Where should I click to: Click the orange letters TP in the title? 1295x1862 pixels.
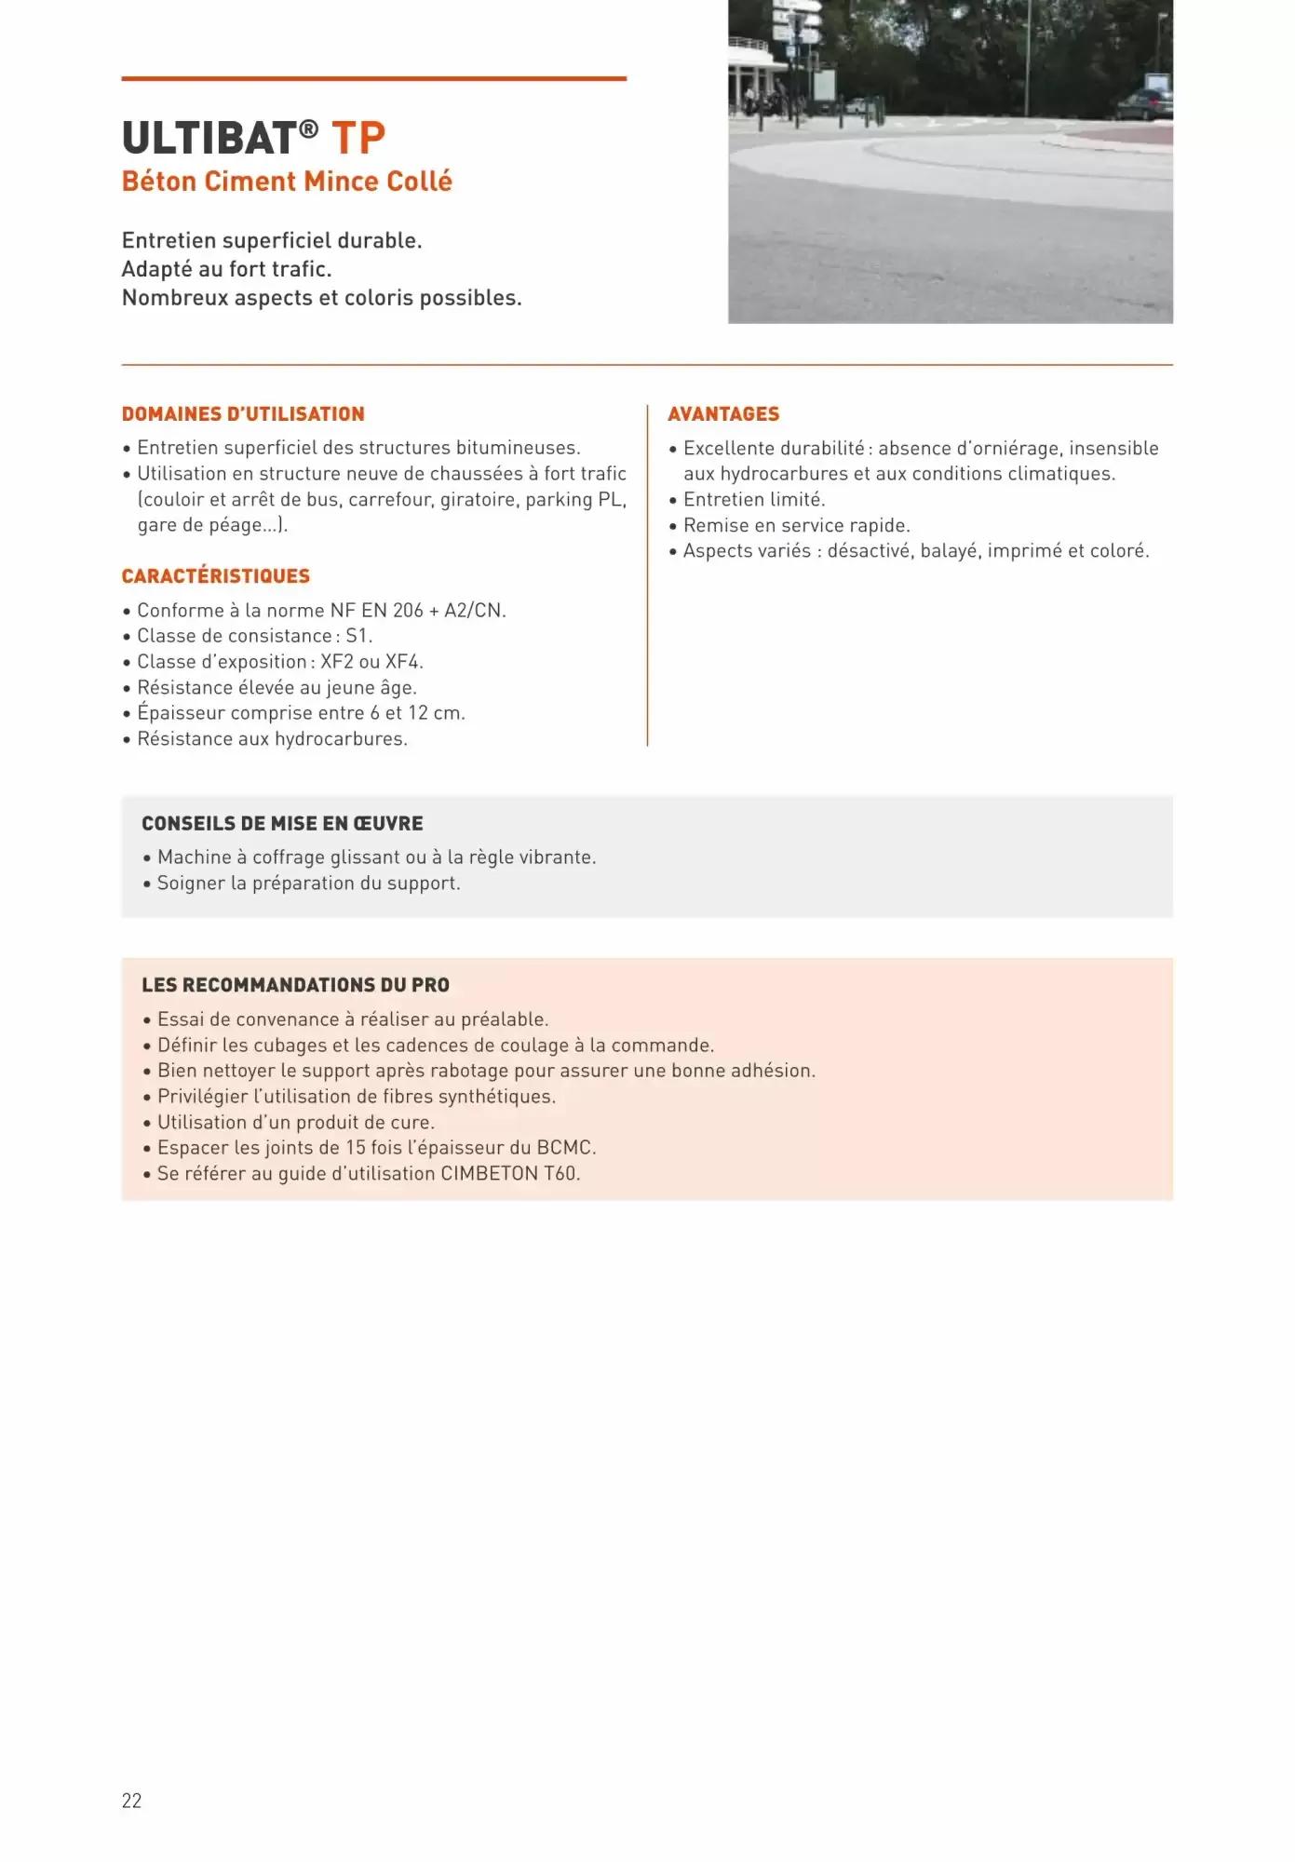(358, 139)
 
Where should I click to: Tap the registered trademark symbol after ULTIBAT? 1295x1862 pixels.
(309, 128)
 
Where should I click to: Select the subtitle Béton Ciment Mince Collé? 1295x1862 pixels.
(287, 182)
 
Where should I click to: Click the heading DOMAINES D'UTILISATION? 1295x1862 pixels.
(243, 414)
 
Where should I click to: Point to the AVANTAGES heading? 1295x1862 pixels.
(723, 414)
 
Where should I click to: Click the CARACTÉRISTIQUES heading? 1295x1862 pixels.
(216, 576)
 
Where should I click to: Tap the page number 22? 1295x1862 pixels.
(131, 1801)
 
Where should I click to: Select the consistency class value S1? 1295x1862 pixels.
(357, 636)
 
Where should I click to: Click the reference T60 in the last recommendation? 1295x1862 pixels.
(560, 1174)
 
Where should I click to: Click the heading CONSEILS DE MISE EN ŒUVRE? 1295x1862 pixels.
(282, 824)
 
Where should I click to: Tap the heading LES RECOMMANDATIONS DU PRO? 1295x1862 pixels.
(295, 985)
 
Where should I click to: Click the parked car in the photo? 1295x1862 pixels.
(1144, 103)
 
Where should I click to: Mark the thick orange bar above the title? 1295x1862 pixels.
(373, 79)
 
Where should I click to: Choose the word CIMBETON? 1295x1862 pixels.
(489, 1174)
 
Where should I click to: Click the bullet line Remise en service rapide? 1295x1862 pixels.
(796, 525)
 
